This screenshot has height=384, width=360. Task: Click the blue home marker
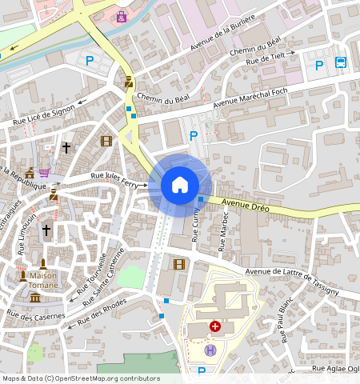[x=180, y=185]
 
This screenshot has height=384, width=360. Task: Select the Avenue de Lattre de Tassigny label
[x=292, y=281]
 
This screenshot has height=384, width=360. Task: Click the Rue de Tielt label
[x=267, y=56]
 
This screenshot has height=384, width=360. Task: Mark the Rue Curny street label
[x=196, y=224]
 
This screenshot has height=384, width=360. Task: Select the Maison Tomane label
[x=38, y=281]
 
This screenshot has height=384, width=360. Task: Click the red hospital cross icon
[x=214, y=326]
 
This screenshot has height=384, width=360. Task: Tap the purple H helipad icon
[x=210, y=350]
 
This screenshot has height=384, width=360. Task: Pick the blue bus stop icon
[x=342, y=63]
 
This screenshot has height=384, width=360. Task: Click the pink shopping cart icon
[x=45, y=172]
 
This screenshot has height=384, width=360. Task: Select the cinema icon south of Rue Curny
[x=178, y=264]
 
